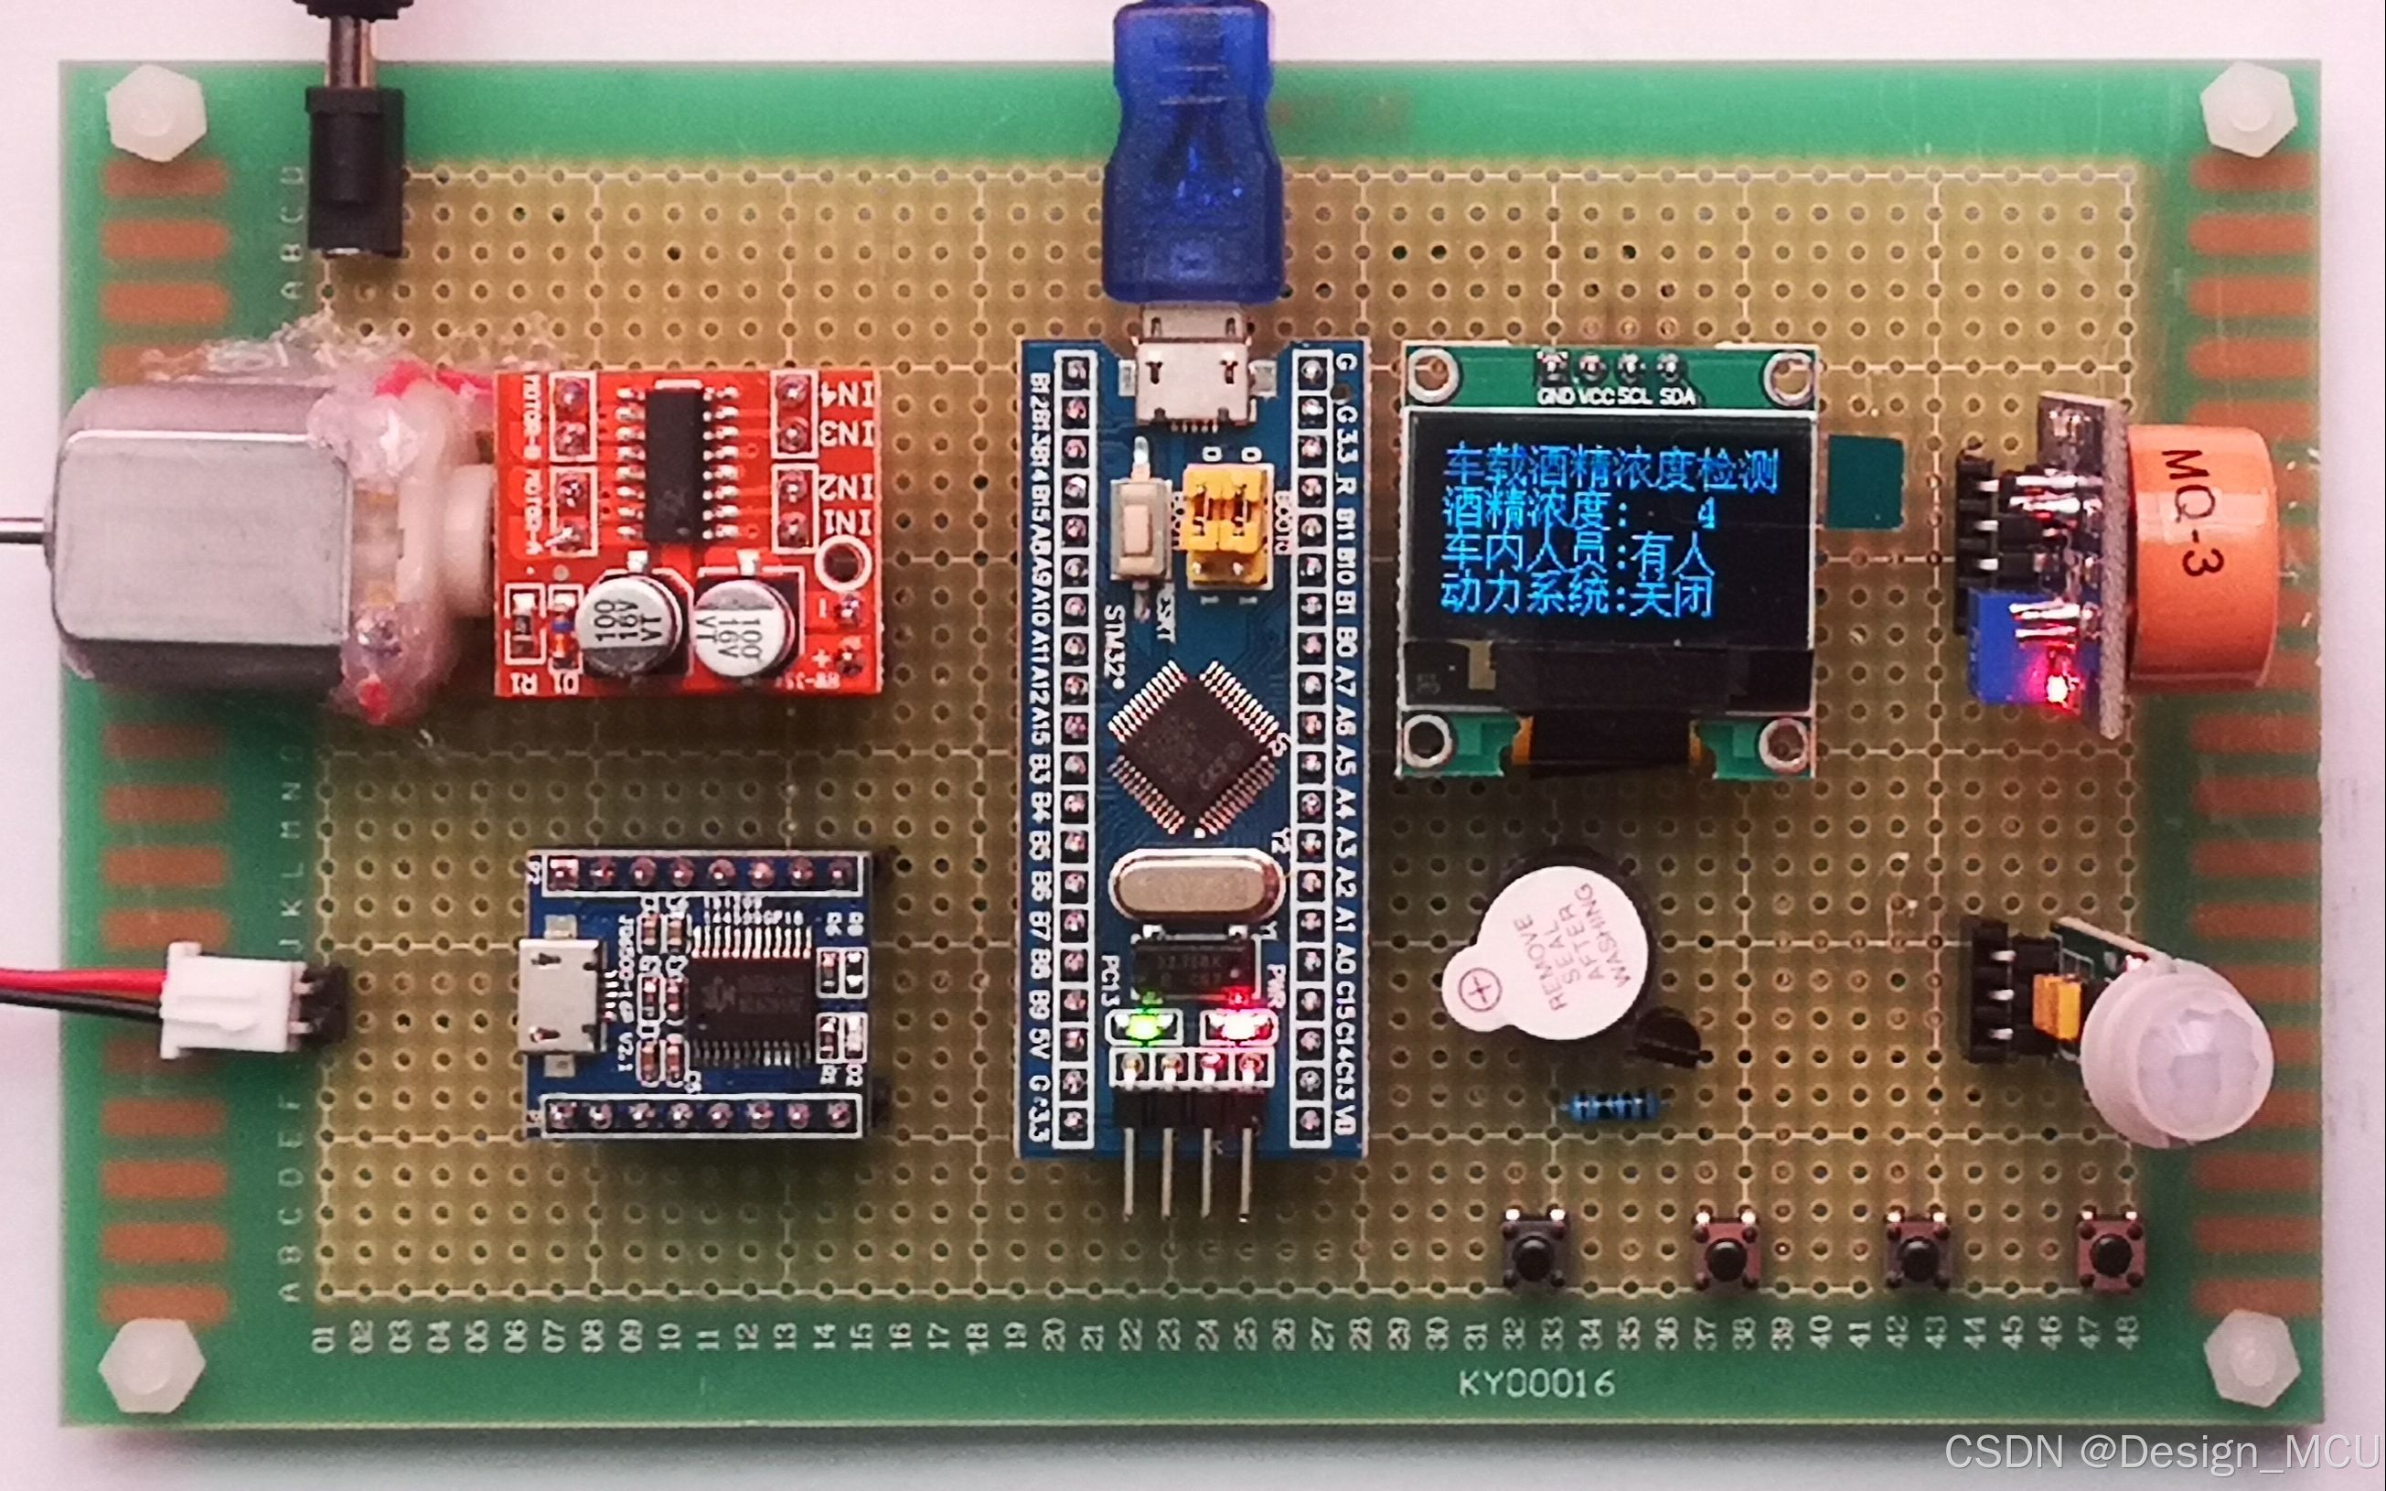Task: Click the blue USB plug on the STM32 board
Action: click(1193, 157)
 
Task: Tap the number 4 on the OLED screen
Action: click(1707, 514)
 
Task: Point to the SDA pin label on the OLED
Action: click(1677, 396)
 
